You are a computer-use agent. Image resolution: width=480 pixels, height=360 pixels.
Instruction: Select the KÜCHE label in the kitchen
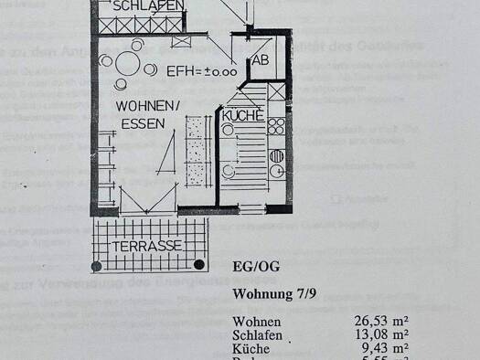[243, 117]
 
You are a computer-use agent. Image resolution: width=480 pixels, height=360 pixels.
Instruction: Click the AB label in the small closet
[261, 61]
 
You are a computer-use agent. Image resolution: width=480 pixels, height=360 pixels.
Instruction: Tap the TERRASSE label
[147, 246]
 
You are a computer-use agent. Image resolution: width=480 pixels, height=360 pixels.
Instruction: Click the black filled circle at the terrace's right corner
[200, 265]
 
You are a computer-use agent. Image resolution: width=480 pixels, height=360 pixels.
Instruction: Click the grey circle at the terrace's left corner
[96, 266]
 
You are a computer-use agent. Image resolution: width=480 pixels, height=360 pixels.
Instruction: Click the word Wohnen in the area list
[257, 322]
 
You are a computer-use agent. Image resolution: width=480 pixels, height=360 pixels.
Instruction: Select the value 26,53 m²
[380, 321]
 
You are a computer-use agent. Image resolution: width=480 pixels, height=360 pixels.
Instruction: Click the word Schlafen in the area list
[260, 334]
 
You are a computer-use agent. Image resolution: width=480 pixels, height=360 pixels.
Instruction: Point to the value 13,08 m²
[380, 334]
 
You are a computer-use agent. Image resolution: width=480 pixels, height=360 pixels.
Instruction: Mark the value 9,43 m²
[384, 348]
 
